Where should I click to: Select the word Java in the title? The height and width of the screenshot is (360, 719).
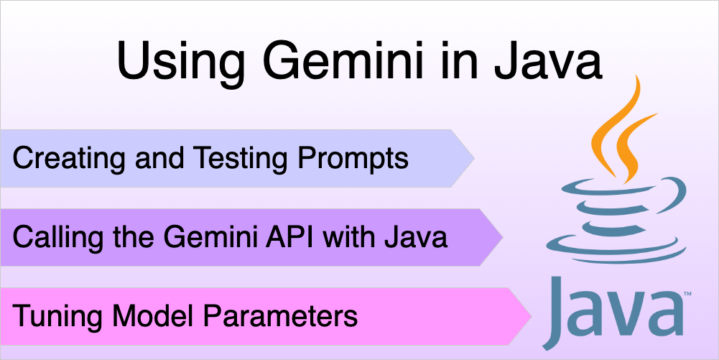coord(547,61)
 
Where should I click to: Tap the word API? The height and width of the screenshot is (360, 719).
coord(292,238)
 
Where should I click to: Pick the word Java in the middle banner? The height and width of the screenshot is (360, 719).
coord(416,238)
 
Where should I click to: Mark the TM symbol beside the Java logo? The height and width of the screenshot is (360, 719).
coord(688,292)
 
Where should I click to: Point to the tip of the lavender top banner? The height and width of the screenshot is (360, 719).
coord(475,158)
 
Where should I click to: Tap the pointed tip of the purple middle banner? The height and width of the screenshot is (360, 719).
coord(503,237)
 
